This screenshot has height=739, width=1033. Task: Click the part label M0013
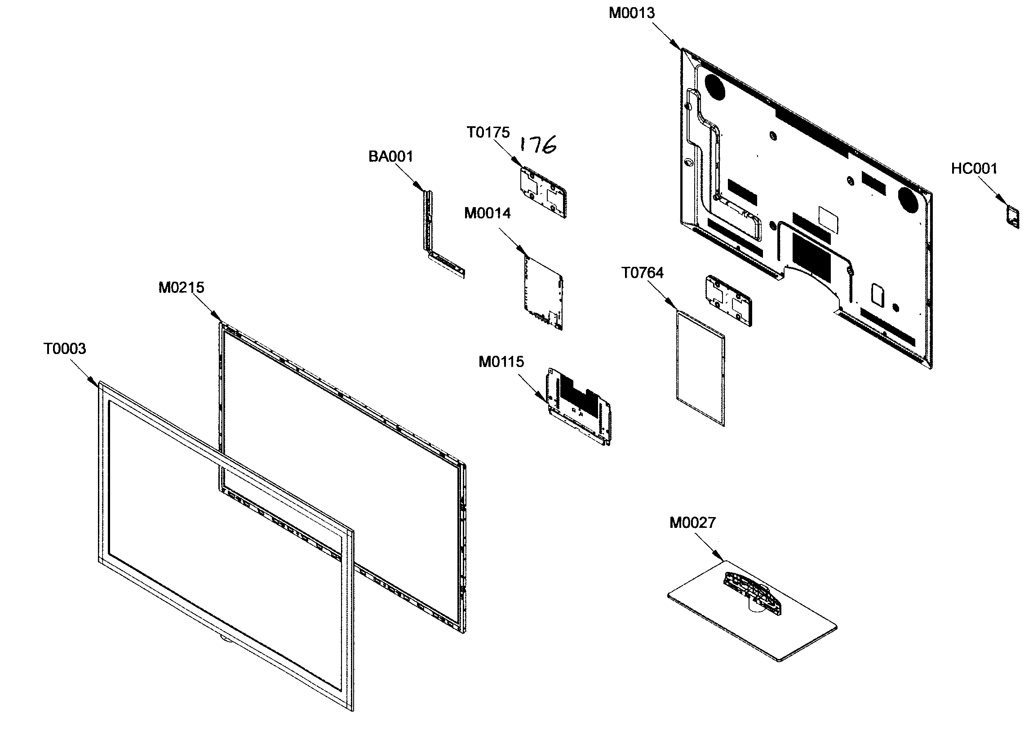pyautogui.click(x=632, y=13)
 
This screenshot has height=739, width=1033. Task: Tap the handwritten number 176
pyautogui.click(x=538, y=145)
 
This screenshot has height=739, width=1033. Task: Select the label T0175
pyautogui.click(x=488, y=133)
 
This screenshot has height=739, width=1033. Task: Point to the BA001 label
pyautogui.click(x=390, y=156)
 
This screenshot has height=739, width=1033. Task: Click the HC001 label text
pyautogui.click(x=974, y=169)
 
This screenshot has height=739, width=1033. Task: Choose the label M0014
pyautogui.click(x=488, y=213)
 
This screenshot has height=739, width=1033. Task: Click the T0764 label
pyautogui.click(x=643, y=273)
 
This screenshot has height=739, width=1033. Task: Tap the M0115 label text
pyautogui.click(x=501, y=362)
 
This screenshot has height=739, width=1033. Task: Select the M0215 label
pyautogui.click(x=181, y=288)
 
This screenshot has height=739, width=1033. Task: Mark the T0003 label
pyautogui.click(x=65, y=349)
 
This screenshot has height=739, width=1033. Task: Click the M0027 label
pyautogui.click(x=692, y=522)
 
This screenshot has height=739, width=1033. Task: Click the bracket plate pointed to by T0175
pyautogui.click(x=543, y=191)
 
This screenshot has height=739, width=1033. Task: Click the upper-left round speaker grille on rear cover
pyautogui.click(x=714, y=86)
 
